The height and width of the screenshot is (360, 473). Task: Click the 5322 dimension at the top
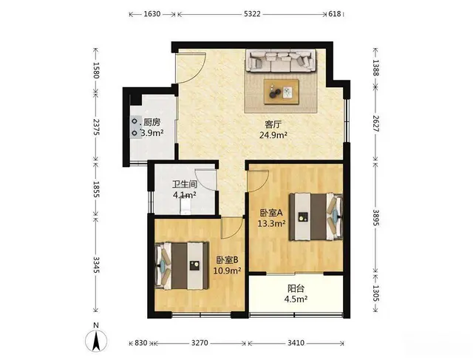tap(252, 14)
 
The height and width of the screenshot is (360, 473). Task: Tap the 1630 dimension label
tap(152, 14)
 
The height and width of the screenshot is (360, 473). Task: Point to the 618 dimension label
tap(335, 14)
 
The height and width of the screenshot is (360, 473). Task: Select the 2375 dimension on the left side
tap(96, 126)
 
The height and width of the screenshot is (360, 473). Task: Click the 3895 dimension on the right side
tap(376, 217)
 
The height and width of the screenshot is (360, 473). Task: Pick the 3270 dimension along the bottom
tap(200, 343)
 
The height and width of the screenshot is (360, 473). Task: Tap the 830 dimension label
tap(140, 343)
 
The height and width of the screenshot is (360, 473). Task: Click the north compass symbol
tap(96, 340)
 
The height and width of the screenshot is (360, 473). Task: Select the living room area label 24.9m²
tap(273, 135)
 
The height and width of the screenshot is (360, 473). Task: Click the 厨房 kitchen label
tap(152, 122)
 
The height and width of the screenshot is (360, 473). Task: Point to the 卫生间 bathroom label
tap(185, 184)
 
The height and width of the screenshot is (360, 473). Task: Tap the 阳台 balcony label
tap(296, 288)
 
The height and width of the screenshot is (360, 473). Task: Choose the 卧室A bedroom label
tap(271, 213)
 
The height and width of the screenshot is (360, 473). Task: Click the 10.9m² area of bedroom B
tap(227, 271)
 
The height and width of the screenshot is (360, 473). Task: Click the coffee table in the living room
tap(282, 92)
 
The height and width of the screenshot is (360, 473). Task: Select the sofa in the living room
tap(281, 61)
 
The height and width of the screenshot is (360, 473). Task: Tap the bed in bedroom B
tap(182, 266)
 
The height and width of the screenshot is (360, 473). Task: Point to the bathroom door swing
tap(205, 180)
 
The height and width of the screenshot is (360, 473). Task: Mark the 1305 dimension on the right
tap(376, 293)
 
